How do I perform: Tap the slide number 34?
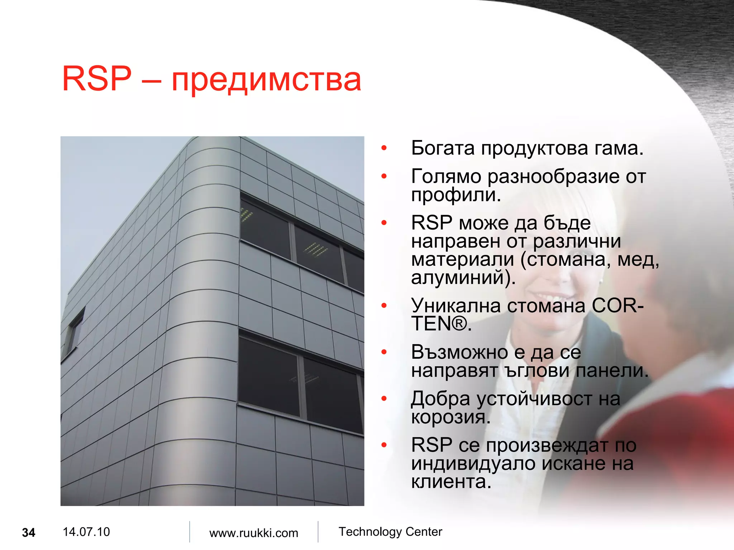tap(29, 532)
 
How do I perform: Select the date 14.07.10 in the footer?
tap(86, 532)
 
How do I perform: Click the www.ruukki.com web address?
tap(253, 533)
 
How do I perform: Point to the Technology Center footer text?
tap(390, 532)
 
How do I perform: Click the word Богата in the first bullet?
tap(443, 148)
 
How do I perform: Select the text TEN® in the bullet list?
tap(440, 324)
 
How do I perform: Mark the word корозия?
tap(450, 417)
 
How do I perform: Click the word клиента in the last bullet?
tap(451, 482)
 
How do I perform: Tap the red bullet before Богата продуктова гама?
tap(384, 148)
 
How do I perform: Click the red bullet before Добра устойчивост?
tap(384, 398)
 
